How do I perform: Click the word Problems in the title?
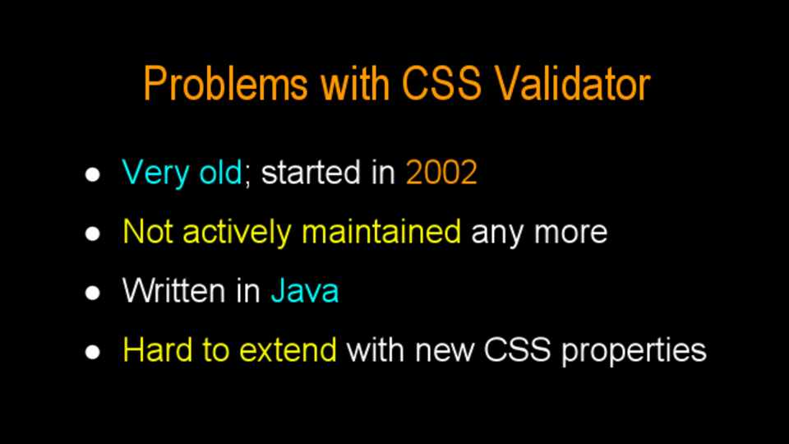pos(225,84)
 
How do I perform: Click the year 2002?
pos(441,173)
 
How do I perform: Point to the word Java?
pos(305,291)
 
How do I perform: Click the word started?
pos(311,173)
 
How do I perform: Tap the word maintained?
pos(381,232)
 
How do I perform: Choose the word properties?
pos(634,352)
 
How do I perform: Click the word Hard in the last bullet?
pos(158,350)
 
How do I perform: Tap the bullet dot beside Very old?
pos(93,174)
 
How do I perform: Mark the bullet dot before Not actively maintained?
pos(93,234)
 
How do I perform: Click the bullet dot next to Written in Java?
pos(93,293)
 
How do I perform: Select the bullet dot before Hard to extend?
pos(93,352)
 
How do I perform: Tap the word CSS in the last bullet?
pos(517,350)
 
